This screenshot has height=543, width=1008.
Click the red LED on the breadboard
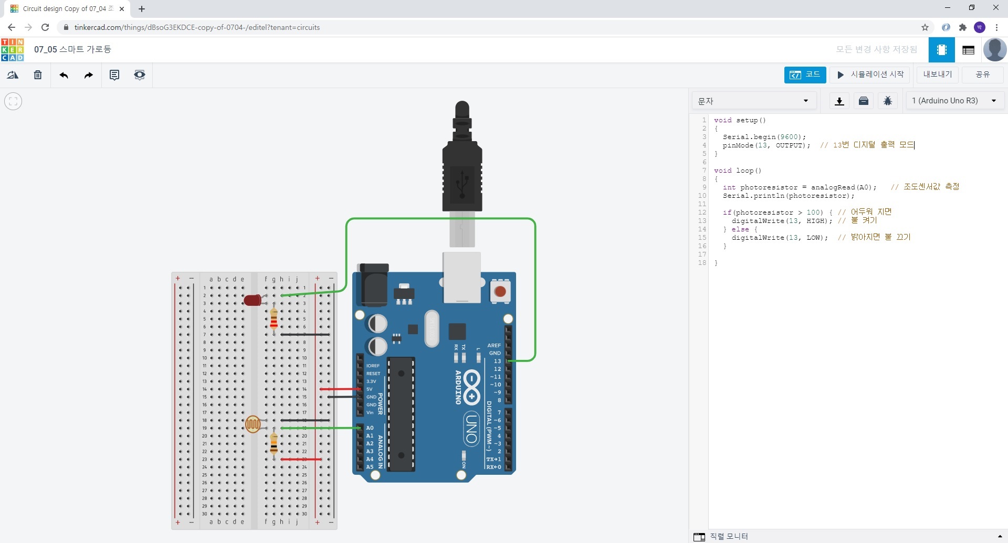(x=253, y=300)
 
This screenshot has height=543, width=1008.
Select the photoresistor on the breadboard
(x=253, y=424)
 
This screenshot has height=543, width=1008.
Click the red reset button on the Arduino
(x=500, y=291)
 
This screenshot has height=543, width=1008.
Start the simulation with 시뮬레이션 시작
(x=870, y=74)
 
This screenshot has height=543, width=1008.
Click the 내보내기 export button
(x=937, y=74)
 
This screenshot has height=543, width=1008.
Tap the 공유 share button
(x=982, y=74)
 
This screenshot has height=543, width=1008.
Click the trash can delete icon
(x=38, y=75)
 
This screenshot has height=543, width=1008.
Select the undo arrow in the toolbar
(x=64, y=75)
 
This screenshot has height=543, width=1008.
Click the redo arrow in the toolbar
(x=89, y=75)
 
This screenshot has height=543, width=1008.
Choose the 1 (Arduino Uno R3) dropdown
(x=954, y=101)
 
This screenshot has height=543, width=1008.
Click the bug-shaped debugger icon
(x=888, y=101)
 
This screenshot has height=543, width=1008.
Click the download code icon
(x=839, y=101)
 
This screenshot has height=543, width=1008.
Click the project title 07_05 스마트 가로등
(x=72, y=49)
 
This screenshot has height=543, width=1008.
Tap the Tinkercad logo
(x=13, y=49)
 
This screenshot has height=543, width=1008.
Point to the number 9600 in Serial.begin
(x=789, y=137)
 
